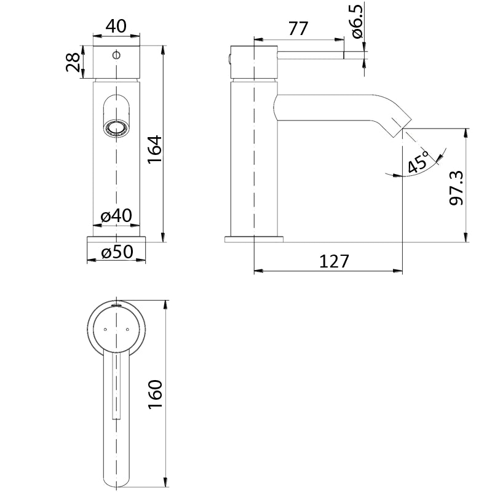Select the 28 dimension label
73,62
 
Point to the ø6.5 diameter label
358,21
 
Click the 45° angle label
418,162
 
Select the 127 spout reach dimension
334,261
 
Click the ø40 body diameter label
116,216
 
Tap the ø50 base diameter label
116,252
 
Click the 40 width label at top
116,26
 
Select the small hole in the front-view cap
116,55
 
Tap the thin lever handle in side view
311,55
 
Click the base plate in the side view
254,239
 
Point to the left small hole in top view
105,330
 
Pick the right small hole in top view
127,330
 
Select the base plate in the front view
116,239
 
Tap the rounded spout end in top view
116,474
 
